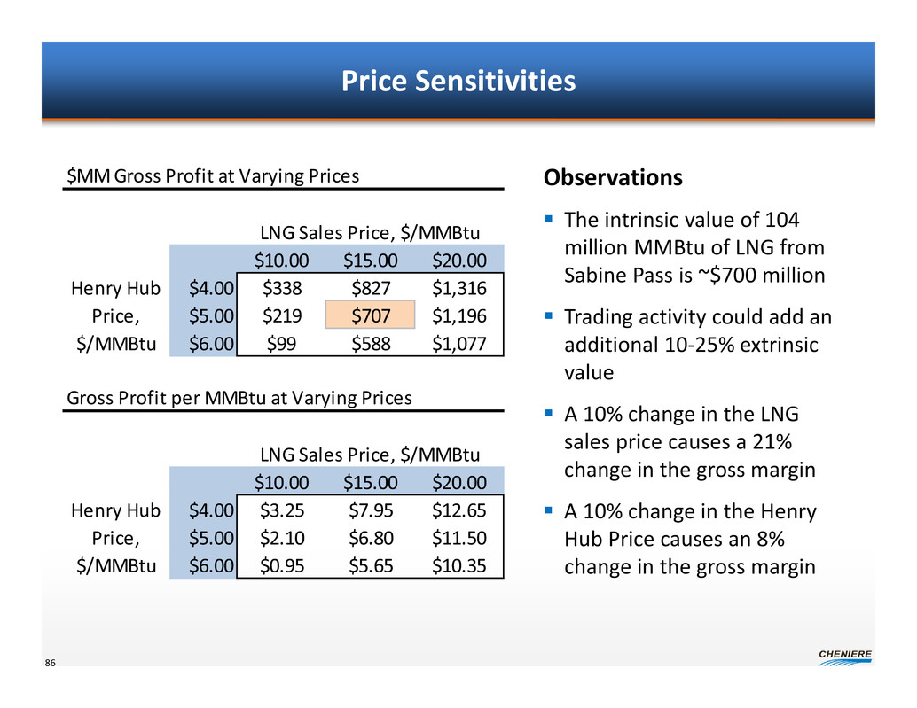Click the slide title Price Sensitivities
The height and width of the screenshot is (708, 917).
[458, 82]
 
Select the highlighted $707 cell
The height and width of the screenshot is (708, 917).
[370, 315]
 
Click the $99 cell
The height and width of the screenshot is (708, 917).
[281, 343]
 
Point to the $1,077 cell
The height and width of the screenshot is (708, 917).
[459, 343]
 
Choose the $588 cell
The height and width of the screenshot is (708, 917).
[370, 343]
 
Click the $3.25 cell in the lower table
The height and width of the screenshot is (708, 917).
[281, 510]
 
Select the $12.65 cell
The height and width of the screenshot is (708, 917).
[459, 510]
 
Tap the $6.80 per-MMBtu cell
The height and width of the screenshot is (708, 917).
[370, 537]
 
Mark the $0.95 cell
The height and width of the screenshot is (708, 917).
[281, 565]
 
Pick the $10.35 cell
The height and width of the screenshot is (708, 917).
[459, 565]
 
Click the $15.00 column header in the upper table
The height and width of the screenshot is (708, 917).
[370, 260]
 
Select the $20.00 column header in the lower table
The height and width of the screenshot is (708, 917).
[459, 482]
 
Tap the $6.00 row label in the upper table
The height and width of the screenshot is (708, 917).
[211, 343]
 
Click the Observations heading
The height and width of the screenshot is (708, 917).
[613, 178]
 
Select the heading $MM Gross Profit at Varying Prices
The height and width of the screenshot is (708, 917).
[214, 175]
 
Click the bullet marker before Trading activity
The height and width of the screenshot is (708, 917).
[549, 315]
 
